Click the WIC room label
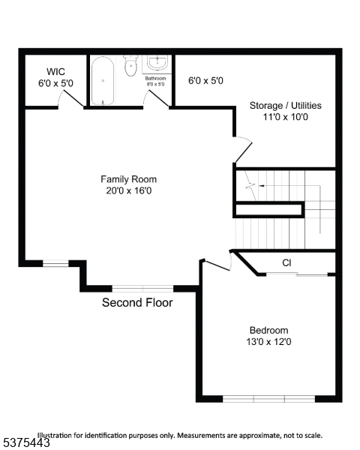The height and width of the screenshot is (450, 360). [x=55, y=72]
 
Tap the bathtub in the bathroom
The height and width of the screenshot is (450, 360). [x=103, y=82]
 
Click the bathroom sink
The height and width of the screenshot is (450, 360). [x=157, y=64]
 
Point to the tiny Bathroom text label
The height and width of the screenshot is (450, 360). [x=155, y=79]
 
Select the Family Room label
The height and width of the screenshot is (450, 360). [x=129, y=178]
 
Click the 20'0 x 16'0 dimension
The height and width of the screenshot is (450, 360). [x=129, y=190]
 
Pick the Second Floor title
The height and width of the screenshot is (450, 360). [x=137, y=303]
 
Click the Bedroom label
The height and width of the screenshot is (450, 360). [x=268, y=330]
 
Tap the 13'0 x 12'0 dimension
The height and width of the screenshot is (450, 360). [x=268, y=342]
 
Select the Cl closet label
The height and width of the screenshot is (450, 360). [x=286, y=262]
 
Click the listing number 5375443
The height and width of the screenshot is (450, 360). [x=26, y=443]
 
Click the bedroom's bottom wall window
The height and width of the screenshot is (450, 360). [x=268, y=398]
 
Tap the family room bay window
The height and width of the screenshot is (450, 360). [x=142, y=287]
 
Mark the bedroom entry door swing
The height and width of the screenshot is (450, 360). [x=216, y=263]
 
